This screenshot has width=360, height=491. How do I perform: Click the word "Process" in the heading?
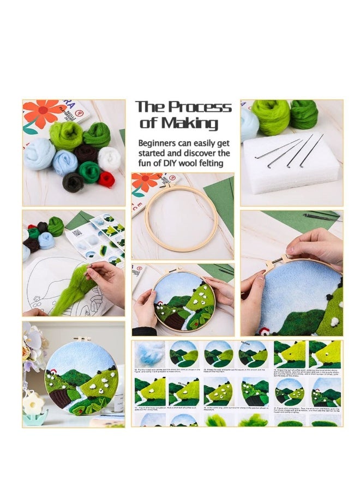pyautogui.click(x=201, y=107)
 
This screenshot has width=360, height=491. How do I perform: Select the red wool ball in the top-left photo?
pyautogui.click(x=106, y=179)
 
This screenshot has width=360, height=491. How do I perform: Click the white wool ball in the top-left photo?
pyautogui.click(x=110, y=158)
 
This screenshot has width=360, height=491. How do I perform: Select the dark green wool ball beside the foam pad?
pyautogui.click(x=304, y=113)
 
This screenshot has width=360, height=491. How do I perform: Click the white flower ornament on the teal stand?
pyautogui.click(x=34, y=404)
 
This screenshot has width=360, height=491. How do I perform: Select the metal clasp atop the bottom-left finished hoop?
pyautogui.click(x=82, y=340)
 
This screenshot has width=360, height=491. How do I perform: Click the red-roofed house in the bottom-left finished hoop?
pyautogui.click(x=53, y=373)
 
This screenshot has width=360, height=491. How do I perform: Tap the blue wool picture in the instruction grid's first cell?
pyautogui.click(x=149, y=354)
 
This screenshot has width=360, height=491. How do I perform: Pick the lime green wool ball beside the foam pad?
pyautogui.click(x=271, y=116)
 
